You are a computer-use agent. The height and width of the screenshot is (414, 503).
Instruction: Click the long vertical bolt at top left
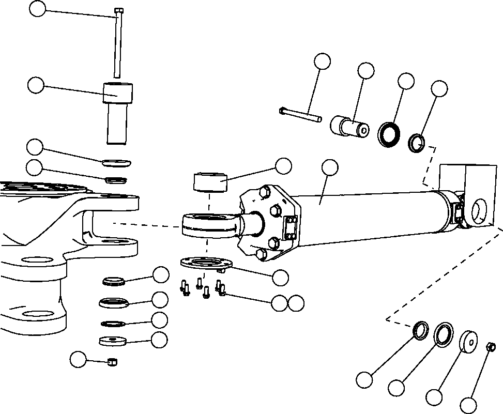[118, 44]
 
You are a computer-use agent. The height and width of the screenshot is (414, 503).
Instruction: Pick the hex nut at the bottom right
[492, 347]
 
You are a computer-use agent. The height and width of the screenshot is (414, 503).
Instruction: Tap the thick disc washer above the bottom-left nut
[113, 341]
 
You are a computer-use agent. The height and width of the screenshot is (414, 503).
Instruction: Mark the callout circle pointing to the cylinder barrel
[329, 167]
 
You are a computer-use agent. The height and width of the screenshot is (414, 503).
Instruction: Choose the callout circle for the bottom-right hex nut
[469, 405]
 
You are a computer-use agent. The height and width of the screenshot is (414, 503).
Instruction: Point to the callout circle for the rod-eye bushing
[283, 166]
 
